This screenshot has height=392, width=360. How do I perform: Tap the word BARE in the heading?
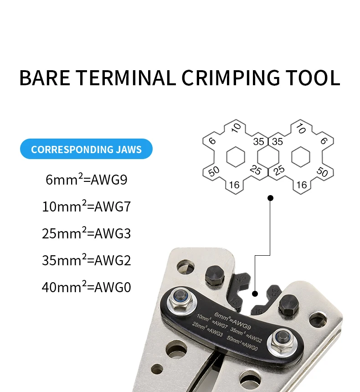point(45,78)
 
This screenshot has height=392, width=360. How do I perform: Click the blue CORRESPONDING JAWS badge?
point(86,149)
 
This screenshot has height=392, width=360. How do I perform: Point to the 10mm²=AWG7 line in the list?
point(86,207)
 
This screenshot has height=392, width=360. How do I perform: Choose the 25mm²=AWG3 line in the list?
point(86,234)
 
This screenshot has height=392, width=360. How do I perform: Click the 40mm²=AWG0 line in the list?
point(86,288)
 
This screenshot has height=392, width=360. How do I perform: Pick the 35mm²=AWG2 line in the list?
point(86,261)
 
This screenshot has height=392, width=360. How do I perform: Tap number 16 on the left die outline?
point(234,184)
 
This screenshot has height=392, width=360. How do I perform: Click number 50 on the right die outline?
point(322,172)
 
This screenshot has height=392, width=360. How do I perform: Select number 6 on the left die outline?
point(212,141)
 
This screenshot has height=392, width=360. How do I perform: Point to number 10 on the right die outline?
point(301,129)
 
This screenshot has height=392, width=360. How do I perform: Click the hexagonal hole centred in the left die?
point(236,157)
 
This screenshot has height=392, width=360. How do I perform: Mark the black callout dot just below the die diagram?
point(270,198)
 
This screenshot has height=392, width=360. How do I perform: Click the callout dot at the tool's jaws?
point(255,294)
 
